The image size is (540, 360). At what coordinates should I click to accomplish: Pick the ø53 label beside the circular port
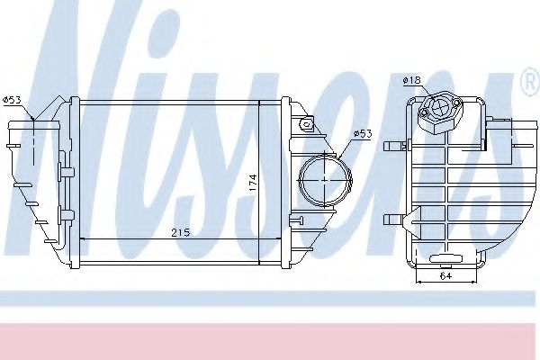(362, 133)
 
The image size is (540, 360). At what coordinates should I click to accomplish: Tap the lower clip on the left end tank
(64, 213)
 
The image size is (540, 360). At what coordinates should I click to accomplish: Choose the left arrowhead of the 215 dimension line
(83, 238)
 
